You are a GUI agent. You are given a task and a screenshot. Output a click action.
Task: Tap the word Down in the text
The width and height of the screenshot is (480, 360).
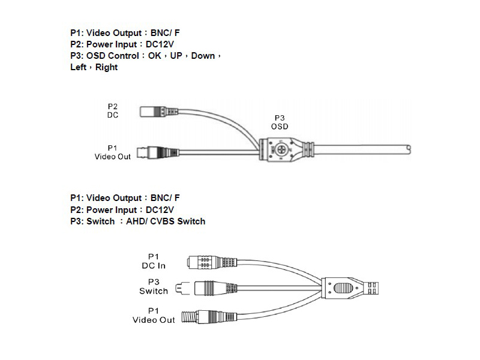[203, 56]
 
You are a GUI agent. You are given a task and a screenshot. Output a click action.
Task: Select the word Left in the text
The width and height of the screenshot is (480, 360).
[78, 67]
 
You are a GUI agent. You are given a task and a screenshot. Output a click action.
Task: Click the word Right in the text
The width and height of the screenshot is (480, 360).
[106, 67]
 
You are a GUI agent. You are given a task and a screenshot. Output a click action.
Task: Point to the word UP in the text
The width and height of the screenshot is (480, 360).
[176, 56]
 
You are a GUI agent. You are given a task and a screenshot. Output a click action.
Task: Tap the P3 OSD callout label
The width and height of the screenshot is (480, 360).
[280, 122]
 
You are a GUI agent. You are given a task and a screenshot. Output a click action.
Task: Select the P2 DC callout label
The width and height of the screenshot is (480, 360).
[113, 110]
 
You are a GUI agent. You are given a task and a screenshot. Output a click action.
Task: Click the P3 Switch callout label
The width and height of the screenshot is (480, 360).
[154, 286]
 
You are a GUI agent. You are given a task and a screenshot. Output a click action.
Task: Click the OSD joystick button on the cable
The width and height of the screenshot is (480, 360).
[280, 147]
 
